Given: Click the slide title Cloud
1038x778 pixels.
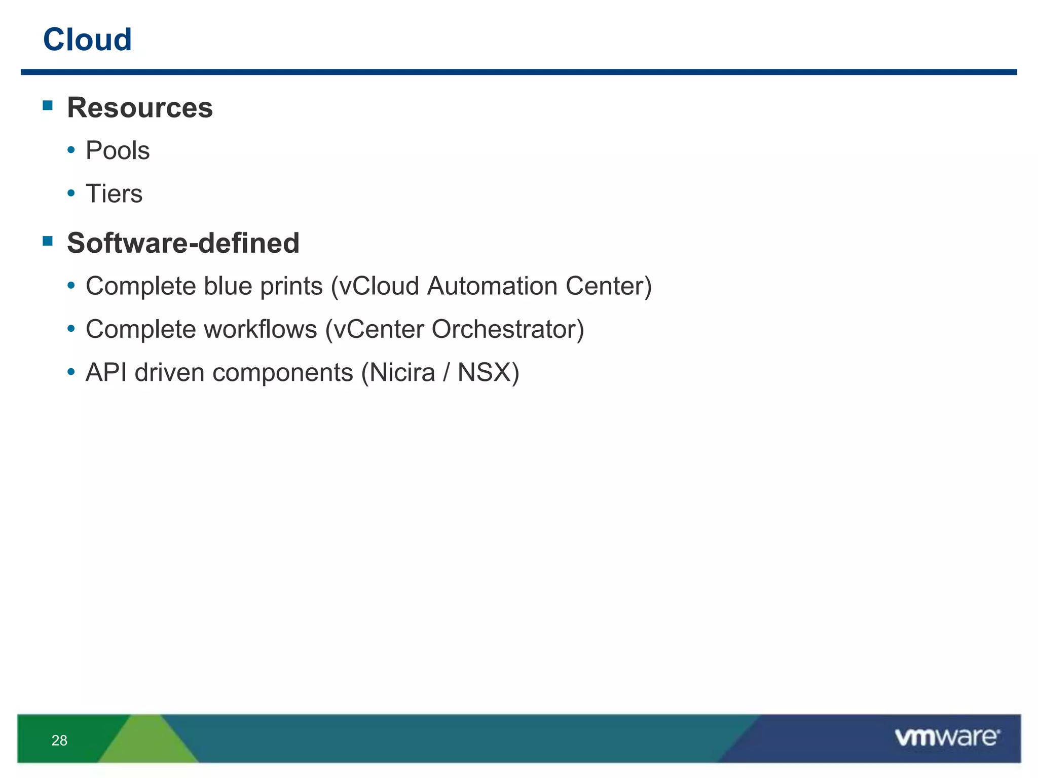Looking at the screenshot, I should pyautogui.click(x=87, y=40).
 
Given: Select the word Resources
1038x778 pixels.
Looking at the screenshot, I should pyautogui.click(x=140, y=108).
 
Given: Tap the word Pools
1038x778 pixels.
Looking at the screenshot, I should pyautogui.click(x=118, y=150).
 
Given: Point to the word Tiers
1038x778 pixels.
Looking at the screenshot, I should pyautogui.click(x=114, y=193).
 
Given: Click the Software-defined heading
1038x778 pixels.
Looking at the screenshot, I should pyautogui.click(x=183, y=243).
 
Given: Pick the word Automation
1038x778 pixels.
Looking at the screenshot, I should pyautogui.click(x=492, y=286).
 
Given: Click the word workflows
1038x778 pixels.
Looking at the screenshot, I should pyautogui.click(x=261, y=329).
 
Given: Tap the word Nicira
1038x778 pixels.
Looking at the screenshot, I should pyautogui.click(x=402, y=373).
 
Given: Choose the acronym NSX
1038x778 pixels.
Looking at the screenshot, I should pyautogui.click(x=485, y=373).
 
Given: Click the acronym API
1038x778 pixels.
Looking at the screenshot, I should pyautogui.click(x=106, y=373).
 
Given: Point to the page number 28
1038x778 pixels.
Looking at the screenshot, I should pyautogui.click(x=59, y=741).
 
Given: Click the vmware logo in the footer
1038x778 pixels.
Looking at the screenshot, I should pyautogui.click(x=947, y=737).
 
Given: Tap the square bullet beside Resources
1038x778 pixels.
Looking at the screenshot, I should pyautogui.click(x=48, y=105).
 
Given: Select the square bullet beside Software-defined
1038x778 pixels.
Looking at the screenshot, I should pyautogui.click(x=48, y=241).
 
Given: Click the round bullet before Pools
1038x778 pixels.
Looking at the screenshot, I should pyautogui.click(x=71, y=150).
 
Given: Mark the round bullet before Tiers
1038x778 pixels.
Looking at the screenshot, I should pyautogui.click(x=71, y=193).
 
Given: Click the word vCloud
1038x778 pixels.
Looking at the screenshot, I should pyautogui.click(x=379, y=286).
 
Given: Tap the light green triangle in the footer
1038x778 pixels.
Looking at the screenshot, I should pyautogui.click(x=147, y=742).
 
